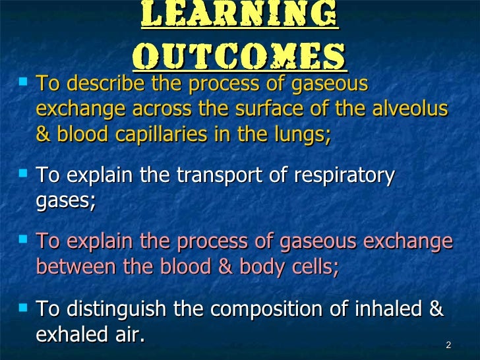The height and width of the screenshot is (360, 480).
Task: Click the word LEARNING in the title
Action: pos(239,16)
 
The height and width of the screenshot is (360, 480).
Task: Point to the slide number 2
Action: pos(448,345)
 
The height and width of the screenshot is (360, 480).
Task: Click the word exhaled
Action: pos(69,334)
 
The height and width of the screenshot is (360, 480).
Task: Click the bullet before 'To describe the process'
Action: pos(24,83)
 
